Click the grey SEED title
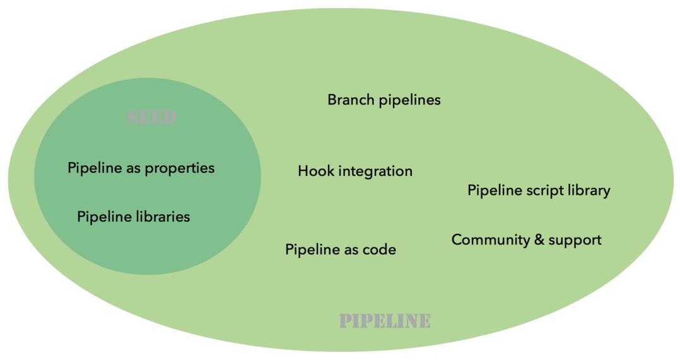(151, 118)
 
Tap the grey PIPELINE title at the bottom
(385, 321)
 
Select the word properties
(180, 168)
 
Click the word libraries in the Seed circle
(163, 216)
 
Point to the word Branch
(349, 100)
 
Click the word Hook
(315, 171)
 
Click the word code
(379, 250)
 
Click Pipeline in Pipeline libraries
(104, 216)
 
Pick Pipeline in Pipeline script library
(495, 190)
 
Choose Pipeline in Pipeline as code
(312, 250)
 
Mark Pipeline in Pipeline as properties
(95, 168)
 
